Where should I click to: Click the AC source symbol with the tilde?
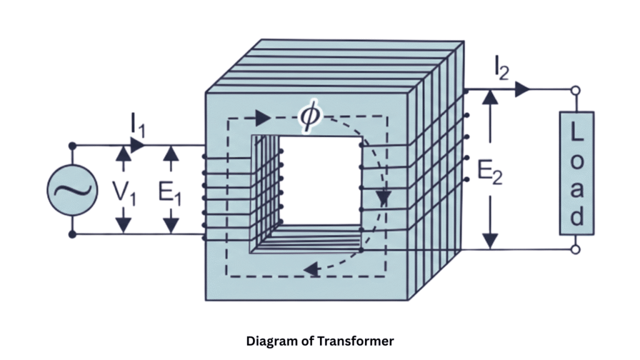pyautogui.click(x=72, y=190)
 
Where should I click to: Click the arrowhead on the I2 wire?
pyautogui.click(x=522, y=89)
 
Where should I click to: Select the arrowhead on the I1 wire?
pyautogui.click(x=138, y=145)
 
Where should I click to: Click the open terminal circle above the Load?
pyautogui.click(x=576, y=91)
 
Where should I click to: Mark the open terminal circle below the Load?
pyautogui.click(x=576, y=249)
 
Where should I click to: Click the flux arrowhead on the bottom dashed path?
pyautogui.click(x=309, y=270)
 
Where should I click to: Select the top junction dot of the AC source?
pyautogui.click(x=72, y=146)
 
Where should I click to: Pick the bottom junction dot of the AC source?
pyautogui.click(x=72, y=234)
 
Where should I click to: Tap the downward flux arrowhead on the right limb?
pyautogui.click(x=382, y=199)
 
